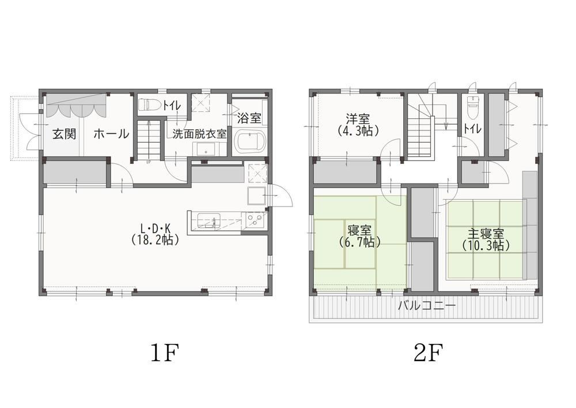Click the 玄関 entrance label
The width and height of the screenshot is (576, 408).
[x=65, y=134]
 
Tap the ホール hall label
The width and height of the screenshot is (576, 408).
[x=111, y=134]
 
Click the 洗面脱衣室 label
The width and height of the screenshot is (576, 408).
[x=199, y=134]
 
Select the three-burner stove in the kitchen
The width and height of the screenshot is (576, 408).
[x=254, y=221]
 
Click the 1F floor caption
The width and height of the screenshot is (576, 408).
[x=165, y=353]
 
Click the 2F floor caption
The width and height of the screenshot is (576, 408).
[x=428, y=353]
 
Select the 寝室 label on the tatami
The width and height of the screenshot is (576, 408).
[x=359, y=231]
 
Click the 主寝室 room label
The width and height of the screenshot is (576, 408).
[x=486, y=234]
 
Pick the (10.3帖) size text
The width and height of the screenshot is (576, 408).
[x=486, y=245]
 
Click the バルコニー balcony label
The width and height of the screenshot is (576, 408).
[x=427, y=305]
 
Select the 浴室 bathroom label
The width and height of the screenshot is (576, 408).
[x=249, y=118]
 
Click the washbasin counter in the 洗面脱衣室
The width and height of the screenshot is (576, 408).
[x=207, y=149]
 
